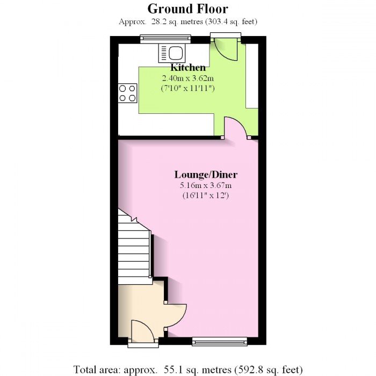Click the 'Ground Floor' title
(x=187, y=9)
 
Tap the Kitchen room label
(x=188, y=68)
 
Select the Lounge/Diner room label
(x=206, y=175)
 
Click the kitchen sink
(x=171, y=53)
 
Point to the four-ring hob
(x=128, y=93)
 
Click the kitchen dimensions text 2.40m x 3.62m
(x=188, y=78)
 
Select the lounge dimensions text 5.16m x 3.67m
(x=206, y=185)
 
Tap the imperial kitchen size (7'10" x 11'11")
(x=188, y=88)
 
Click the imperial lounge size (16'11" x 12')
(x=206, y=196)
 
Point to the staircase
(x=134, y=247)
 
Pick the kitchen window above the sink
(x=165, y=38)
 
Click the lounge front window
(x=219, y=341)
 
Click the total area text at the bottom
(x=187, y=370)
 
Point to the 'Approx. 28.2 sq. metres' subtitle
(x=187, y=22)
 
